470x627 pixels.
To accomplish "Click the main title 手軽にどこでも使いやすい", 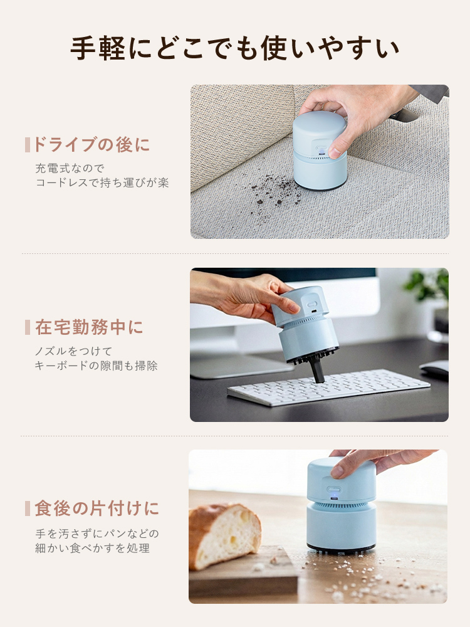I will (x=234, y=49).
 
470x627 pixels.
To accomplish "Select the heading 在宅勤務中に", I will (x=89, y=327).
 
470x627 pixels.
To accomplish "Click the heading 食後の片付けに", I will (x=97, y=508).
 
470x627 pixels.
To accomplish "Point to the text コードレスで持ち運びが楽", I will (x=102, y=183).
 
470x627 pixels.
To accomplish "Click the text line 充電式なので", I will (x=70, y=168).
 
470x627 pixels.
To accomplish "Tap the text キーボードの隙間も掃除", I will (x=96, y=366).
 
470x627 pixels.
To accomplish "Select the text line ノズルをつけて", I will (x=73, y=351).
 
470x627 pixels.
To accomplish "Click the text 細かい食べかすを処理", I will (x=92, y=548).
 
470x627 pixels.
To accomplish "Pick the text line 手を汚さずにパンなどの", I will (x=97, y=534).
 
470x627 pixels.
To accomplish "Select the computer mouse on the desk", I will (x=436, y=368).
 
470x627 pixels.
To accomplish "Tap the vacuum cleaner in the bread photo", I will (x=341, y=505).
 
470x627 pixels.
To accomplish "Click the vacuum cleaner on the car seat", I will (x=320, y=150).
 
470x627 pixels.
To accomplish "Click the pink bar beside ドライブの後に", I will (x=28, y=145).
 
